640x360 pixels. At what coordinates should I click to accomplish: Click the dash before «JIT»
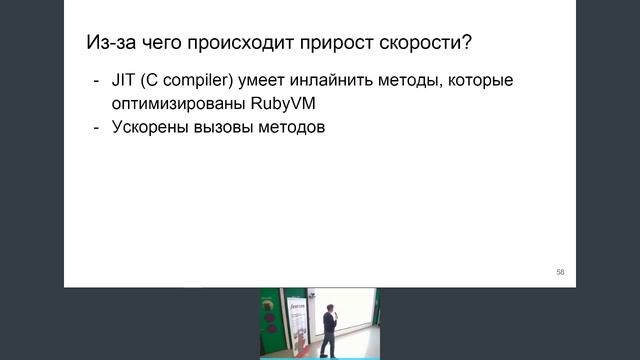tap(96, 81)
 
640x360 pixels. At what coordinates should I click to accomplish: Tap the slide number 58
tap(560, 272)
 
